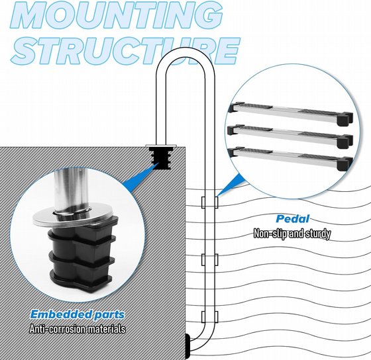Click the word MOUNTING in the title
(x=117, y=15)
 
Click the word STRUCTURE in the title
(x=125, y=51)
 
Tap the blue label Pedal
(x=293, y=219)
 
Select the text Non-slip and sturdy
(x=292, y=234)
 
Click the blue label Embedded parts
(x=78, y=314)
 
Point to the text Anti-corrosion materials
(x=78, y=329)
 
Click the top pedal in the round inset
(x=290, y=112)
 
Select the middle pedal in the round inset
(x=290, y=136)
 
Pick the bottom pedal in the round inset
(x=290, y=158)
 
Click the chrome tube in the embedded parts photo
(x=70, y=189)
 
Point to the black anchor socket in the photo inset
(x=81, y=255)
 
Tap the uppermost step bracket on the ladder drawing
(x=209, y=202)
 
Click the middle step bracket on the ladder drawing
(x=209, y=259)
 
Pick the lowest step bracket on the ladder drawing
(x=209, y=317)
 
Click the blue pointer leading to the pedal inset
(x=229, y=185)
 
